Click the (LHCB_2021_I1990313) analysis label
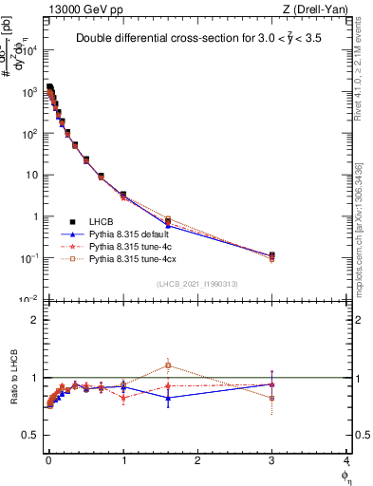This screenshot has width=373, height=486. point(196,284)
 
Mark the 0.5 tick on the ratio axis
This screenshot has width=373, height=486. point(34,435)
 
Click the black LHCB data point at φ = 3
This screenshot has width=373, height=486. point(272,255)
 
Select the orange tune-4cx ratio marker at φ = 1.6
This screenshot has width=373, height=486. point(168,364)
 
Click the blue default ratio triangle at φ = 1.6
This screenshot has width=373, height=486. point(168,398)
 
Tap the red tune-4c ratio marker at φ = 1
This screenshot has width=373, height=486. point(123,398)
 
